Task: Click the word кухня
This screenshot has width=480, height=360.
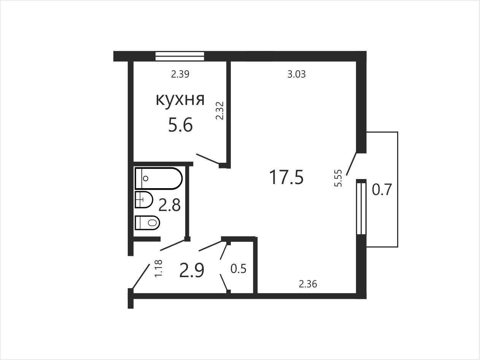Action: click(x=180, y=100)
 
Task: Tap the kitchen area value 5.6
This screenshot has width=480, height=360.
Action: click(x=180, y=125)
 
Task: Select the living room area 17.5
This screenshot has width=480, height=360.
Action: click(x=286, y=177)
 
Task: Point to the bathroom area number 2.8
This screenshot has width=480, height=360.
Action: click(x=170, y=205)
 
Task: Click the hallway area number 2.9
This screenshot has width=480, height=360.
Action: click(x=192, y=270)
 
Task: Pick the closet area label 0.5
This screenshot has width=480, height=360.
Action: click(x=238, y=269)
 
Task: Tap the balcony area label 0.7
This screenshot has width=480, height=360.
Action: click(x=381, y=190)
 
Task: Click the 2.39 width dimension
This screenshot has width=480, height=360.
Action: click(x=180, y=74)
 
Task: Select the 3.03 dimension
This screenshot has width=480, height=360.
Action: click(x=297, y=74)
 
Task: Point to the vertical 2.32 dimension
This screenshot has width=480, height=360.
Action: click(x=220, y=111)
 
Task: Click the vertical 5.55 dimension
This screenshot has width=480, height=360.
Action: click(x=338, y=178)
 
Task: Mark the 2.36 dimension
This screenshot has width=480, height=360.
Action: click(x=308, y=284)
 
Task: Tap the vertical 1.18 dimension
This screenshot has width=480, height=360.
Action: click(x=158, y=268)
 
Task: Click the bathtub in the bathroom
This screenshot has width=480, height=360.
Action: click(x=159, y=178)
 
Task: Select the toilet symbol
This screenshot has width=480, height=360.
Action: click(x=148, y=223)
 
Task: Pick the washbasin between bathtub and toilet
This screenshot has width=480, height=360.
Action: click(x=144, y=200)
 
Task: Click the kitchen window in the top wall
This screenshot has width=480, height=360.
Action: click(x=180, y=56)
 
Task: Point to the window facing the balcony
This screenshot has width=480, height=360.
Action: click(x=361, y=209)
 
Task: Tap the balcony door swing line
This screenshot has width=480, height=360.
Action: click(x=351, y=164)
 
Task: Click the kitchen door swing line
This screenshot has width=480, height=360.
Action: click(x=208, y=159)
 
